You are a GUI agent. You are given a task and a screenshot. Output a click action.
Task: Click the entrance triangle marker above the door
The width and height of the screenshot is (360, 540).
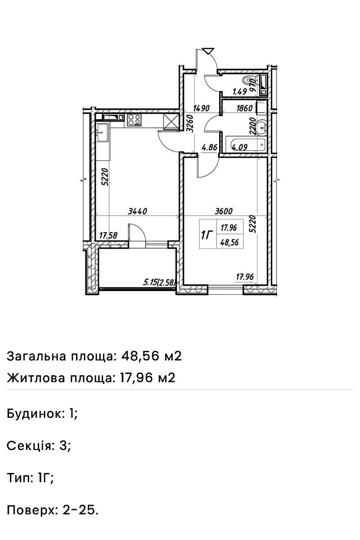point(208,51)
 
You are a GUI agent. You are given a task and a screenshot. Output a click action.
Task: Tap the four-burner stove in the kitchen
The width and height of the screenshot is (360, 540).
point(135,120)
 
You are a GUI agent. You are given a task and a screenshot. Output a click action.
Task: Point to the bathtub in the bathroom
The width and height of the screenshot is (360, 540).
point(248,145)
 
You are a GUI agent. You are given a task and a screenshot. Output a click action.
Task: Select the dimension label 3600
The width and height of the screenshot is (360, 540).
point(224,211)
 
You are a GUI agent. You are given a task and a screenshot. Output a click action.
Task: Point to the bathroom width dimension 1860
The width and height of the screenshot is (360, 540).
point(244,108)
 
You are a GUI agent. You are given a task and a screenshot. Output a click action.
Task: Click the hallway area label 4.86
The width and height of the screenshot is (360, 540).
point(210,146)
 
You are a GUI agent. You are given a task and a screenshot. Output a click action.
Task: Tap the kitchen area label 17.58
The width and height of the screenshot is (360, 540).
point(108,234)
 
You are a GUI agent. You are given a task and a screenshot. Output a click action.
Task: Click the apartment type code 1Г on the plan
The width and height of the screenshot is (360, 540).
point(207,235)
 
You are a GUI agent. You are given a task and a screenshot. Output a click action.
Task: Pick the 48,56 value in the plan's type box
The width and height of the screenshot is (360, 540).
point(229,241)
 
